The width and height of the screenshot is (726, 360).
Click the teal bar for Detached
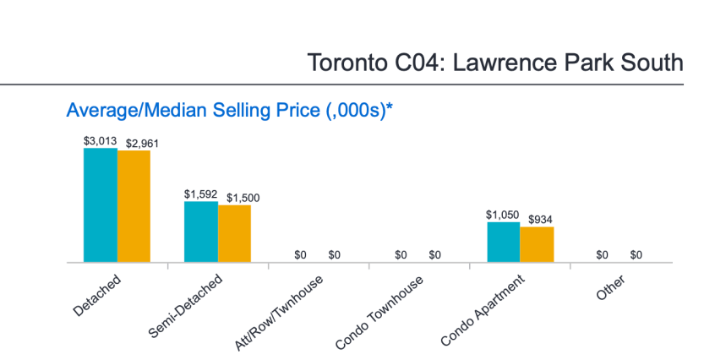[x=100, y=205]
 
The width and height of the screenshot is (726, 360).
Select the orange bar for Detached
[x=134, y=207]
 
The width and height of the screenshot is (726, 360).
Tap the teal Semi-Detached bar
[x=200, y=232]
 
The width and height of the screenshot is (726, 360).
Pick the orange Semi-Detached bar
[x=234, y=234]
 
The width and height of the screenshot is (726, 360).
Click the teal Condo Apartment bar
[x=503, y=243]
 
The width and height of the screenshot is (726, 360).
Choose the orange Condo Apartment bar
[x=537, y=245]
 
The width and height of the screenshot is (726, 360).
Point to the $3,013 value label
[x=100, y=141]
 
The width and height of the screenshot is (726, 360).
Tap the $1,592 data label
[x=200, y=194]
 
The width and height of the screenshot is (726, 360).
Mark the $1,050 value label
[x=503, y=215]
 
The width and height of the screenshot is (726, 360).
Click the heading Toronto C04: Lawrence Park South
[x=494, y=63]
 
